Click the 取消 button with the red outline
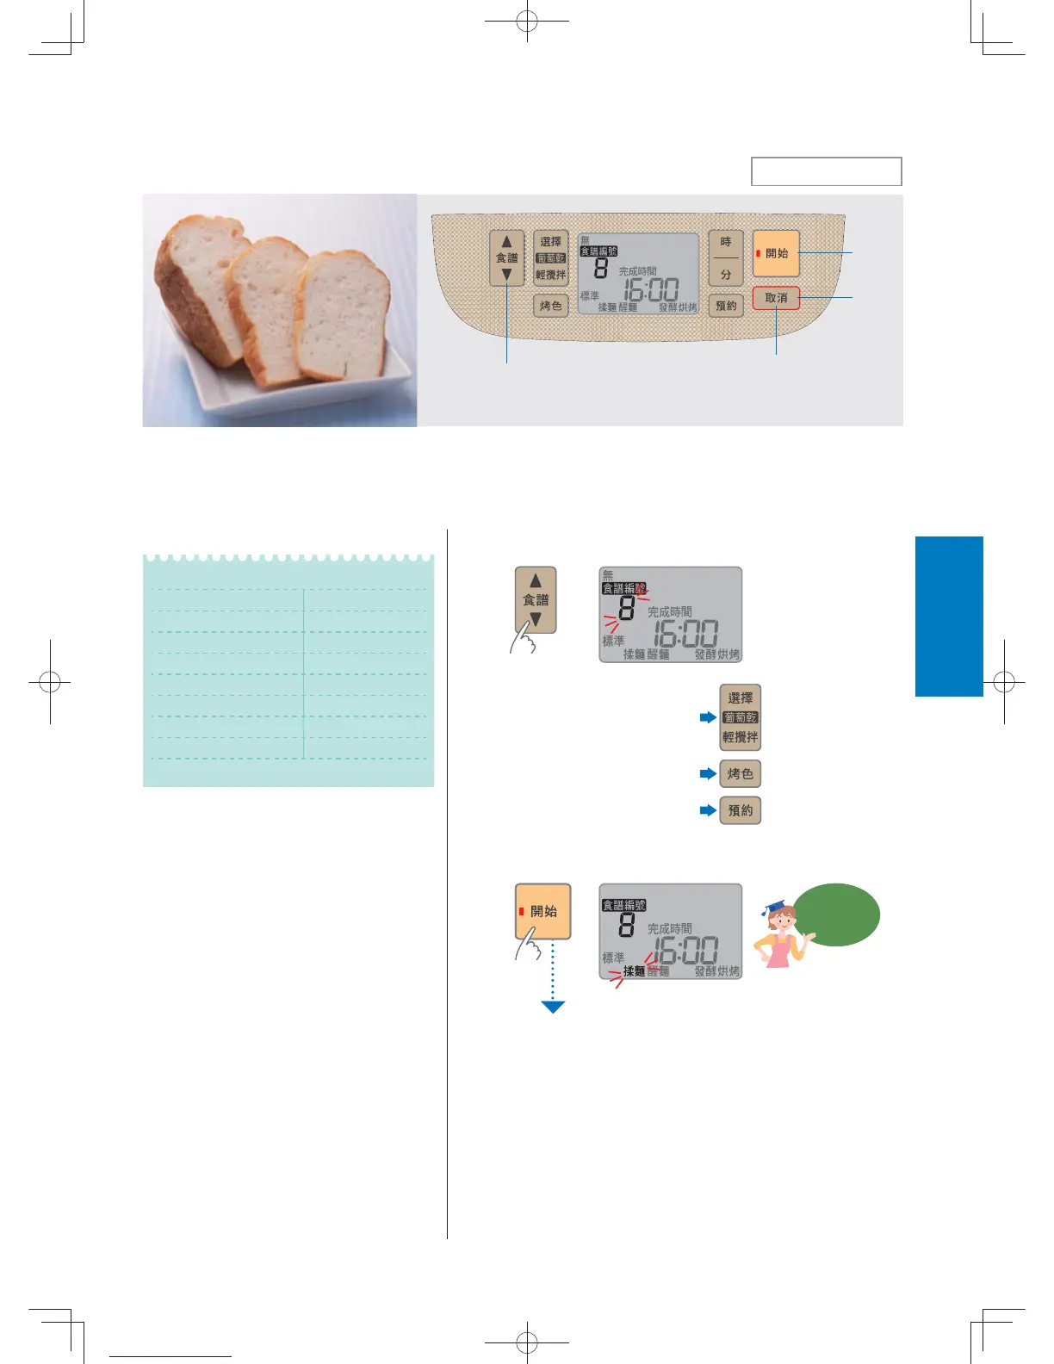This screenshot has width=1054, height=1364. [x=776, y=298]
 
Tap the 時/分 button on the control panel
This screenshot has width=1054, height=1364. [x=726, y=258]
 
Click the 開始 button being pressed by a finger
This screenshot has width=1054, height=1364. [x=543, y=911]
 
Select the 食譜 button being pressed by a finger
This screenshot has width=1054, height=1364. [x=536, y=600]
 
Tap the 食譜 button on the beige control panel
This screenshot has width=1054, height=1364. [x=506, y=258]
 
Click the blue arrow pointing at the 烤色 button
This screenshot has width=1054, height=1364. [x=708, y=774]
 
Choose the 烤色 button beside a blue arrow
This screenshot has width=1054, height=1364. [x=740, y=774]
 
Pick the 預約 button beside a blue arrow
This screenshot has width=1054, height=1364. [x=740, y=810]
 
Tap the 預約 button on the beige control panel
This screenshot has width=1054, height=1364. [x=726, y=306]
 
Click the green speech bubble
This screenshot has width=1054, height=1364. [x=836, y=914]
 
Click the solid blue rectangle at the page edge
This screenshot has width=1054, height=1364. [x=948, y=616]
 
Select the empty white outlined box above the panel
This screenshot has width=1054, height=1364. [x=826, y=171]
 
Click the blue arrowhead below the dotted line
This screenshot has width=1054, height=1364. [x=553, y=1007]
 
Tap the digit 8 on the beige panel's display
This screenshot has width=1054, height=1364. [x=601, y=269]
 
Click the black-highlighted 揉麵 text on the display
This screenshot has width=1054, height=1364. [x=634, y=971]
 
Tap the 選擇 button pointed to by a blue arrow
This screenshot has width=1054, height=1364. [x=740, y=717]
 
